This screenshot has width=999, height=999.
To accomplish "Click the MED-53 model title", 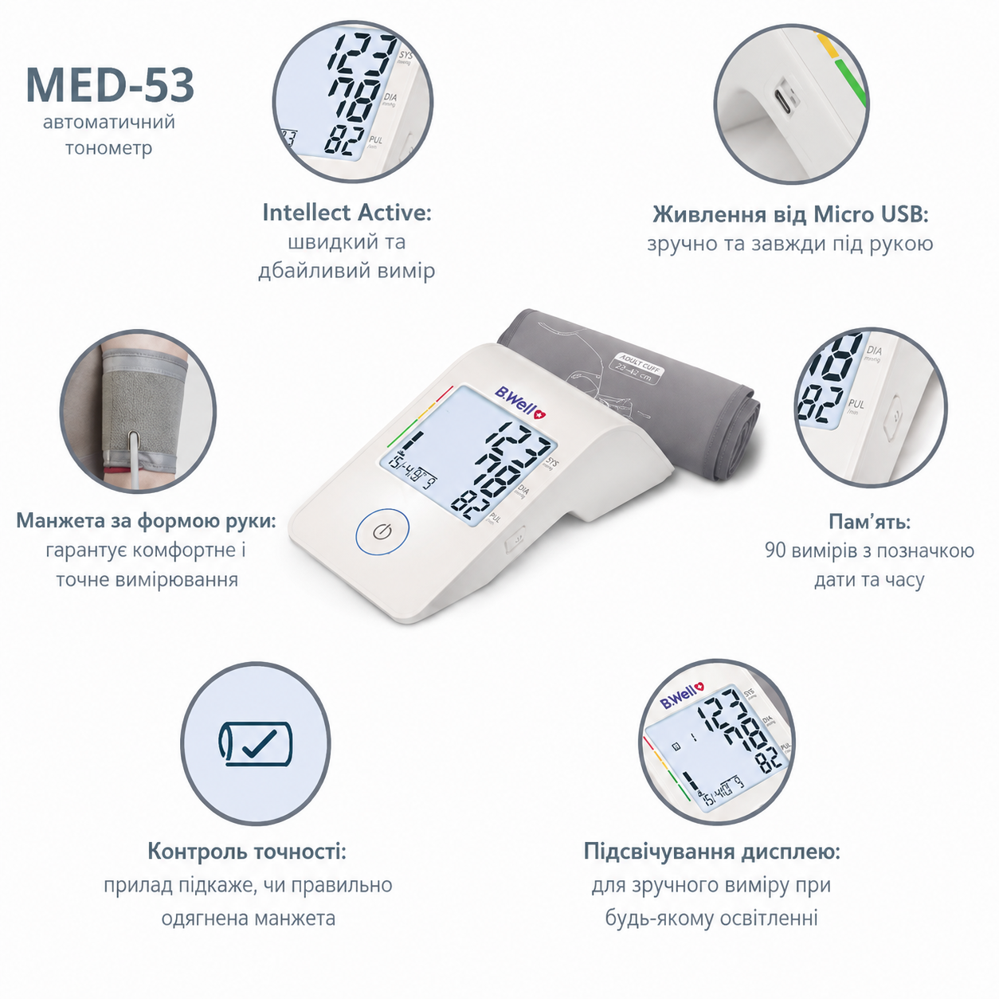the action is pyautogui.click(x=110, y=85).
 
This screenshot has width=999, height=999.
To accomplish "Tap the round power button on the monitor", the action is pyautogui.click(x=382, y=531).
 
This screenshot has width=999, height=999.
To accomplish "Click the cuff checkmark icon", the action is pyautogui.click(x=255, y=743).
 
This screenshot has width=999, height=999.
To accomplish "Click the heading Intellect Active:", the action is pyautogui.click(x=347, y=213).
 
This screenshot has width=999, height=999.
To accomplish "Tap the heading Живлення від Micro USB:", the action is pyautogui.click(x=790, y=214).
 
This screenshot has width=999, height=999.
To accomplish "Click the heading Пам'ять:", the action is pyautogui.click(x=869, y=521).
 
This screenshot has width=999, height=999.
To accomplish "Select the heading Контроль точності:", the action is pyautogui.click(x=247, y=851).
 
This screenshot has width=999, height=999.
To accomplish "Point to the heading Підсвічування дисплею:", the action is pyautogui.click(x=711, y=851).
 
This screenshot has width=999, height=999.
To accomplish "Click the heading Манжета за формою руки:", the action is pyautogui.click(x=147, y=520).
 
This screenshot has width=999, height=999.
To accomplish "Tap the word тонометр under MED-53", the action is pyautogui.click(x=109, y=148).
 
